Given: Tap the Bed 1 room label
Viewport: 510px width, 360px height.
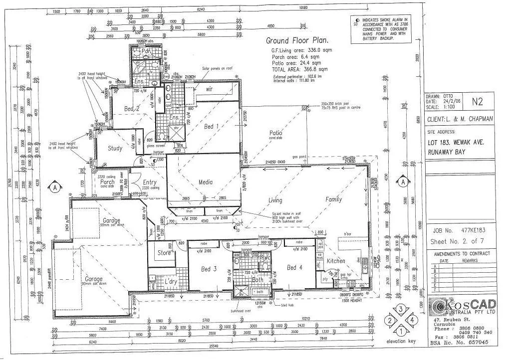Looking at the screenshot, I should (x=211, y=126).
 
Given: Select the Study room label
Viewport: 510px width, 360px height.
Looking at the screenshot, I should (x=115, y=148).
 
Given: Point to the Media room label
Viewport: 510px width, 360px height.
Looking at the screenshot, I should (x=206, y=182).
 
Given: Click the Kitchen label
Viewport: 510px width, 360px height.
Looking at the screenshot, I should (x=336, y=261).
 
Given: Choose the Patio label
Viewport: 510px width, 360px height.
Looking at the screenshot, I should (x=275, y=133).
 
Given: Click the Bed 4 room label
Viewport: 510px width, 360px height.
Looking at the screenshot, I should (x=294, y=268).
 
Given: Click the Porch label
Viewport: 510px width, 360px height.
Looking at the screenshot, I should (x=107, y=182).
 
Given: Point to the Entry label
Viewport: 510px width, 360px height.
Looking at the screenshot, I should (x=150, y=182).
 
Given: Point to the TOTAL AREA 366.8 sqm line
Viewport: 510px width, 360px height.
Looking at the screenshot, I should (x=299, y=70).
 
